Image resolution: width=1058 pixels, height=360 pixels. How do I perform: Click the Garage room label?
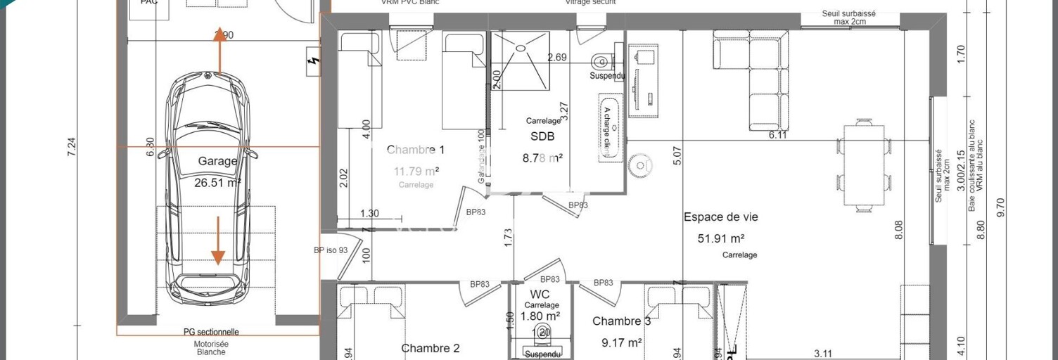(217, 161)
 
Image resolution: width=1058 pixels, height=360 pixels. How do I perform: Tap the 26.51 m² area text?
(217, 182)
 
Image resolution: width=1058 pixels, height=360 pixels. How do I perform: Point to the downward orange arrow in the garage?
(217, 240)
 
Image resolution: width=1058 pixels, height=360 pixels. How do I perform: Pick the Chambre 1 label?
(416, 150)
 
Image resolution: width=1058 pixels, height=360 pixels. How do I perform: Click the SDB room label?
(542, 137)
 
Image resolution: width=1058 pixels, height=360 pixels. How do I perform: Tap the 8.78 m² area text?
(542, 158)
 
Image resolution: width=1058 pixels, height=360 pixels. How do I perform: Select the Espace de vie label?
(720, 217)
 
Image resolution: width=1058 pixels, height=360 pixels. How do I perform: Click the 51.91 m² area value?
(720, 238)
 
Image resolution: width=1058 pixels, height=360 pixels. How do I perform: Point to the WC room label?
(540, 294)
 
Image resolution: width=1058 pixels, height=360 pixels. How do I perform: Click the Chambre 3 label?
(621, 321)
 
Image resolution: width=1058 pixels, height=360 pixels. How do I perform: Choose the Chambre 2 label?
(430, 348)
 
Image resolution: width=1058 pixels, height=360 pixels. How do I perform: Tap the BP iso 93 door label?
(331, 250)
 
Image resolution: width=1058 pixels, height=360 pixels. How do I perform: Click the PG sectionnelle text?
(211, 332)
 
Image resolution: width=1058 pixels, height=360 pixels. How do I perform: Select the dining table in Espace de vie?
(864, 164)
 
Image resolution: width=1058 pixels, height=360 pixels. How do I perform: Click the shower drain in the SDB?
(521, 48)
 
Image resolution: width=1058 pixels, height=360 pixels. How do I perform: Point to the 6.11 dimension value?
(777, 135)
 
